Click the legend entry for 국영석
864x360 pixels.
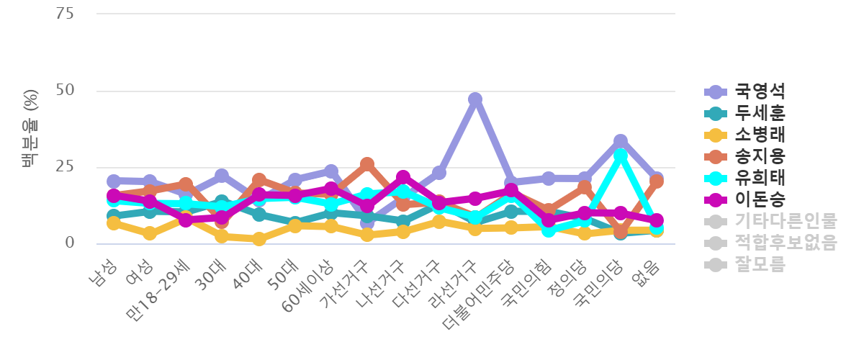760,91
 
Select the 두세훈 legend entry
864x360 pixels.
760,113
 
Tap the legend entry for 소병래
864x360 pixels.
760,135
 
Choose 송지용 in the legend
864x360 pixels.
760,156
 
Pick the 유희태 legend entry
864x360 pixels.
760,178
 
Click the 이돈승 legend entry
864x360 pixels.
760,199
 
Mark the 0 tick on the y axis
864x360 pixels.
70,243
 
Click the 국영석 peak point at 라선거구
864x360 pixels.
475,99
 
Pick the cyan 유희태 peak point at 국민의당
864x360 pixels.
620,154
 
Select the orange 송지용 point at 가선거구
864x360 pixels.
367,164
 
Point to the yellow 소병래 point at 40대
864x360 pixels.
258,239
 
